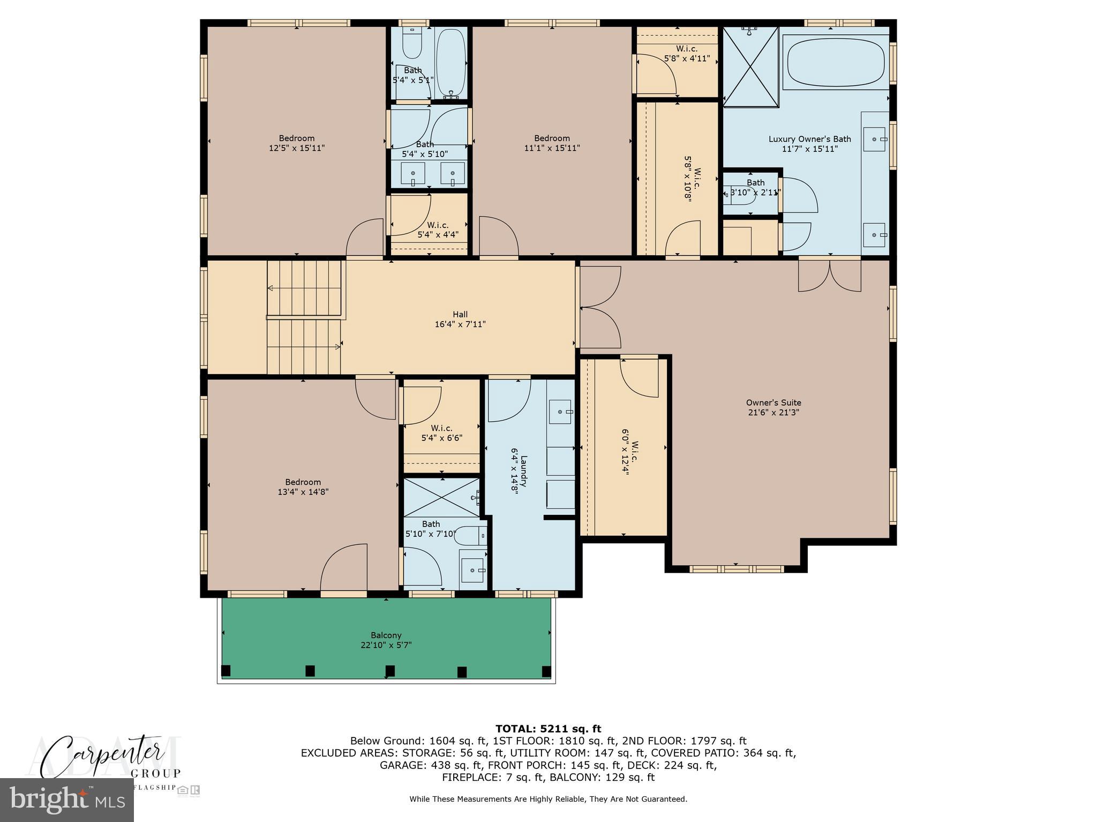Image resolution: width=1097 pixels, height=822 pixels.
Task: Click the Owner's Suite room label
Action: point(773,407)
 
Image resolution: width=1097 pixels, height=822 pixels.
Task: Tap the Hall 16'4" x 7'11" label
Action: point(460,319)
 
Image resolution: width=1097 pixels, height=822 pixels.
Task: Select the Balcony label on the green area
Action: point(386,640)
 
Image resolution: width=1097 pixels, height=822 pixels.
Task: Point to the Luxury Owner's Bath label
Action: point(809,143)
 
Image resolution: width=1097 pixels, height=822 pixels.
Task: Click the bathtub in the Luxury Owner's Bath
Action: point(835,61)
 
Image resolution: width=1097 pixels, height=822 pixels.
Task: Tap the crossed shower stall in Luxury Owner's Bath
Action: point(750,67)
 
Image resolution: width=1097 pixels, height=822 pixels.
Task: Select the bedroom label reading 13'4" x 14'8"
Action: point(303,487)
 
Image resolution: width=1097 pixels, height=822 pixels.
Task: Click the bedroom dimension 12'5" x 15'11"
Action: point(297,148)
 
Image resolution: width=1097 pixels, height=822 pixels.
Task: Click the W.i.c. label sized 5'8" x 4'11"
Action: point(687,54)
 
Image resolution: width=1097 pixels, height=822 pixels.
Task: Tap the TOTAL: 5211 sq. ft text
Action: point(548,728)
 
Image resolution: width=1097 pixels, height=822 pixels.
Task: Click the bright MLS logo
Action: point(66,800)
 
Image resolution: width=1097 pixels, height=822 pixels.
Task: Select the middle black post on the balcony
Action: point(390,671)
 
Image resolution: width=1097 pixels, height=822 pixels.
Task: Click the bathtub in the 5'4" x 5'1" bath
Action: point(450,63)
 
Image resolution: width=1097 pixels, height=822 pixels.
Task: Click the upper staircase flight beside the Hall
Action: point(304,288)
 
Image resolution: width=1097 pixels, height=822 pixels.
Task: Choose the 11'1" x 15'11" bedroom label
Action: point(552,143)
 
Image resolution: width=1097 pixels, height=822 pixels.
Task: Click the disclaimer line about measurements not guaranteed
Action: point(548,799)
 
